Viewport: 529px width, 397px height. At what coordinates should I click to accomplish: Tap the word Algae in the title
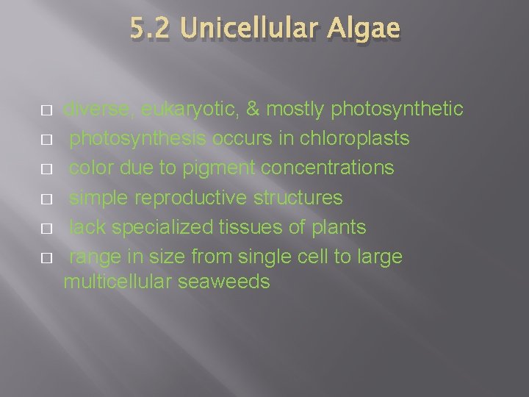coord(364,29)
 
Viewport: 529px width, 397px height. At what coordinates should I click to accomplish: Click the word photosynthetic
coord(397,110)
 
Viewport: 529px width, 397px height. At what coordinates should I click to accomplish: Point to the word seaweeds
coord(224,282)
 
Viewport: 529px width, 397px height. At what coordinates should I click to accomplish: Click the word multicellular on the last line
coord(118,282)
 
